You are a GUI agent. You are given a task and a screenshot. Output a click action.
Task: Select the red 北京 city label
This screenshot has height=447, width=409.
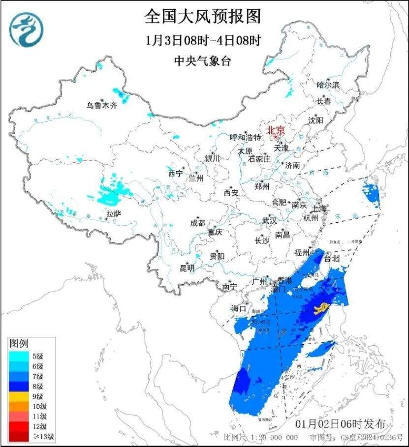click(276, 131)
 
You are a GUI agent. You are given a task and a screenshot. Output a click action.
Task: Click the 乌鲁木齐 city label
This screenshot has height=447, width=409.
click(102, 105)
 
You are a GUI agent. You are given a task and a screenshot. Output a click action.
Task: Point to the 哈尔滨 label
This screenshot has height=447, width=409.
click(328, 85)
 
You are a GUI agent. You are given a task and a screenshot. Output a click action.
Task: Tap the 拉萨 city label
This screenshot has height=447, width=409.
click(114, 213)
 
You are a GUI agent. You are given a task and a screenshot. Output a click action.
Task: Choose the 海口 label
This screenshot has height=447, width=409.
click(239, 308)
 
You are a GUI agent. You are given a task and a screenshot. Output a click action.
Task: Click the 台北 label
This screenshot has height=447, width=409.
click(332, 258)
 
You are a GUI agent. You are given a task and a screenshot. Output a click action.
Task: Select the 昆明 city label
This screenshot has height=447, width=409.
click(187, 268)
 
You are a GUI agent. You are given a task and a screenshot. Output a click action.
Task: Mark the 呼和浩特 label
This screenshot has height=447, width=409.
click(246, 137)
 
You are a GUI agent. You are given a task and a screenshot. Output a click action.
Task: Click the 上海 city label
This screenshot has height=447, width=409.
click(319, 209)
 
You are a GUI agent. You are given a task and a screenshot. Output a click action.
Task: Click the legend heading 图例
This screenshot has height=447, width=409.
click(19, 342)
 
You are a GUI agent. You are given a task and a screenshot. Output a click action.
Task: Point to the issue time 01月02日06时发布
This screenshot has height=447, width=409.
click(344, 424)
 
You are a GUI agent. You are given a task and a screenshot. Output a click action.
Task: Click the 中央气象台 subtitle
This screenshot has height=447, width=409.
click(202, 61)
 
